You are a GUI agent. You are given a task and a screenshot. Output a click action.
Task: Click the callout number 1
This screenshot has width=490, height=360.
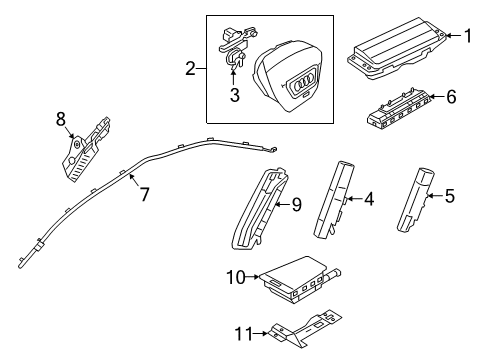[468, 36]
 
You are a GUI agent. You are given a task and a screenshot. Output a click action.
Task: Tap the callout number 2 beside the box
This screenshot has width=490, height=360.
[190, 69]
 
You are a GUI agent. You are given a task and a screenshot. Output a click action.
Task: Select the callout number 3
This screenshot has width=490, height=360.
[235, 95]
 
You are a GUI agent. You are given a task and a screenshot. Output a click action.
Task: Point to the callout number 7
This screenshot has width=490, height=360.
[144, 194]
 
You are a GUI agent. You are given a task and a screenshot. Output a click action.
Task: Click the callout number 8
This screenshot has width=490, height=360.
[61, 119]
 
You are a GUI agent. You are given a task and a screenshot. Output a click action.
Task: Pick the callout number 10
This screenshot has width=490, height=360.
[236, 277]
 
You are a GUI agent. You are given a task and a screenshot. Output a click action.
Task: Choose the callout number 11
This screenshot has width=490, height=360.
[243, 333]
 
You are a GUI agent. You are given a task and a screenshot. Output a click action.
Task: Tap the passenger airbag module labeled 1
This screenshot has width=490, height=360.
[397, 48]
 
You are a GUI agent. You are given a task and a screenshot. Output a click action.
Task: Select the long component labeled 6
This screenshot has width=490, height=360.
[398, 108]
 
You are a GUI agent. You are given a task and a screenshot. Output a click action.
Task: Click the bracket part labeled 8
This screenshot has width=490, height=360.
[86, 150]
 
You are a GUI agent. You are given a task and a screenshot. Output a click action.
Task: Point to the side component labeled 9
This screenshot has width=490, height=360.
[258, 208]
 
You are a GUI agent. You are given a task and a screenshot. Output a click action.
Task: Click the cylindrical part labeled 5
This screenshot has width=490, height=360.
[415, 200]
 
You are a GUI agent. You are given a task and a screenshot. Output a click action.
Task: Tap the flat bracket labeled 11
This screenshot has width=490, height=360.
[303, 328]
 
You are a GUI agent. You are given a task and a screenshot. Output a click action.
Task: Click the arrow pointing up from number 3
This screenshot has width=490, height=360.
[233, 75]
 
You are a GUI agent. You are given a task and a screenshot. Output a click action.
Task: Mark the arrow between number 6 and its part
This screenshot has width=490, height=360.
[437, 97]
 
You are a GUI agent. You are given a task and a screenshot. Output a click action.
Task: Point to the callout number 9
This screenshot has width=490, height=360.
[296, 204]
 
